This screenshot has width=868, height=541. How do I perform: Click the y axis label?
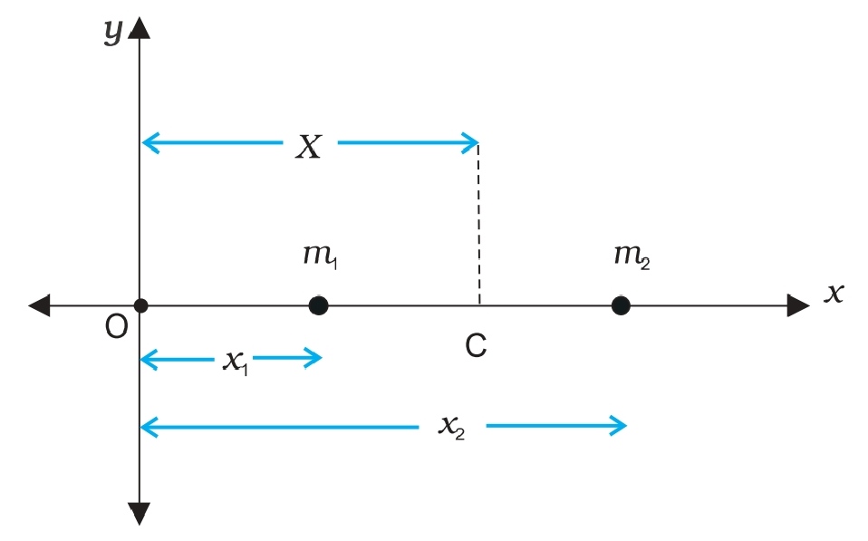(113, 33)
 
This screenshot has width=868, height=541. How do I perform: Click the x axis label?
(834, 292)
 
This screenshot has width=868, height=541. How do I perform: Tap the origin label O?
(116, 327)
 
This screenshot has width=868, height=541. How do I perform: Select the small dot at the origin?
(140, 305)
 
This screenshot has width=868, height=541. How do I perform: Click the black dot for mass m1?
(318, 305)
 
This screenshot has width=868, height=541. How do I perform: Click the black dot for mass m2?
(621, 305)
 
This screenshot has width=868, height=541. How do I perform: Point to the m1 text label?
(320, 256)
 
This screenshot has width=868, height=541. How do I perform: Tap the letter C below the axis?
(477, 345)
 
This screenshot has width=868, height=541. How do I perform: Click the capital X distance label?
(309, 147)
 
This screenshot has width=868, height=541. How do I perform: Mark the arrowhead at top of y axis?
(140, 27)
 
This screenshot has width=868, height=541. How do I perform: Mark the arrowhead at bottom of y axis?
(140, 514)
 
